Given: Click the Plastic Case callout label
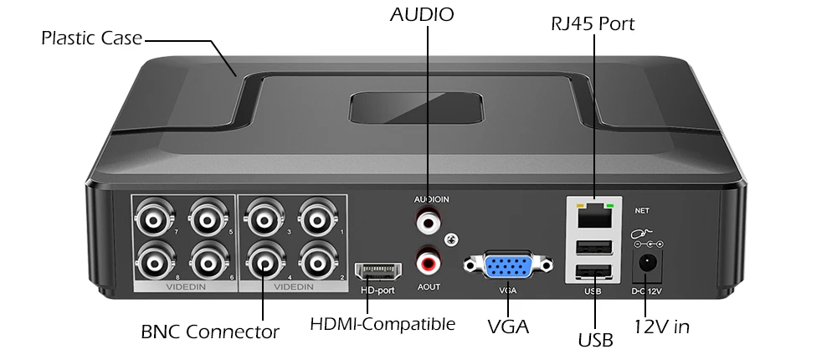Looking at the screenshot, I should tap(91, 39).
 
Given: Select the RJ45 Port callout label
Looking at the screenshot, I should tap(593, 23).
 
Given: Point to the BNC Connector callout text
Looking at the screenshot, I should tap(210, 332).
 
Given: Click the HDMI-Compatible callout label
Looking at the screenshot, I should tap(383, 323).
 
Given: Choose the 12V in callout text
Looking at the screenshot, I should tap(661, 326).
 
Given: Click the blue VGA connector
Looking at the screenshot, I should tap(508, 265).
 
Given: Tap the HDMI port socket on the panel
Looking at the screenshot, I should tap(377, 271).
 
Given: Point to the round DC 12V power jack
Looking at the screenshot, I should tap(647, 265).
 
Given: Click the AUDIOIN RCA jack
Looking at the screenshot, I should tap(429, 222).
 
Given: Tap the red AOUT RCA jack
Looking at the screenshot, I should tap(429, 262).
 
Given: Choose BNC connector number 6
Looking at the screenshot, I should tap(208, 261).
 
